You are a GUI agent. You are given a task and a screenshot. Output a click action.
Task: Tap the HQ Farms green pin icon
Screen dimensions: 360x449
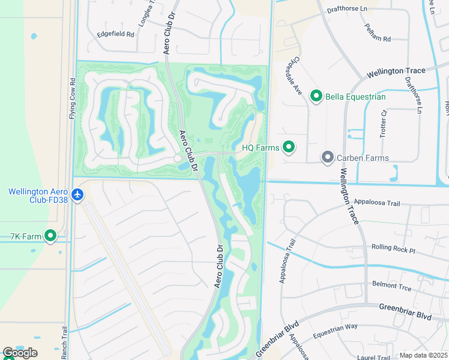289,147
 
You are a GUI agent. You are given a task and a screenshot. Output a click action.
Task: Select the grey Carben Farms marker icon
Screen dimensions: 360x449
327,158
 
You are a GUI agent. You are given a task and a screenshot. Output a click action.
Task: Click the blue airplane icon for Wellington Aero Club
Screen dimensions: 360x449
77,195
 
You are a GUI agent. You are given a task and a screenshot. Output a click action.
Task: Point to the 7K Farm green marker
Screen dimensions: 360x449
51,236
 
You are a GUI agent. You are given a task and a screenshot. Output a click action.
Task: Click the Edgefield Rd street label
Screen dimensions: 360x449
116,34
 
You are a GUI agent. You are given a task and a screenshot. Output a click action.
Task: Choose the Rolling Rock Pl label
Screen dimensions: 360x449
393,247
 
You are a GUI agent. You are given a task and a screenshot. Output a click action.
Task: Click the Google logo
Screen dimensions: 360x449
20,353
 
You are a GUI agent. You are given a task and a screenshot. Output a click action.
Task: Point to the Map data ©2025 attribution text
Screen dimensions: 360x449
423,355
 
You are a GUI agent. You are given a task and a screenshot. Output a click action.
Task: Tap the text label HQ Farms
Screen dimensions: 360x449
261,148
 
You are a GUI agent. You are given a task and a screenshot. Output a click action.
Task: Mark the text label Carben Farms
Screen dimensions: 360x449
363,158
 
